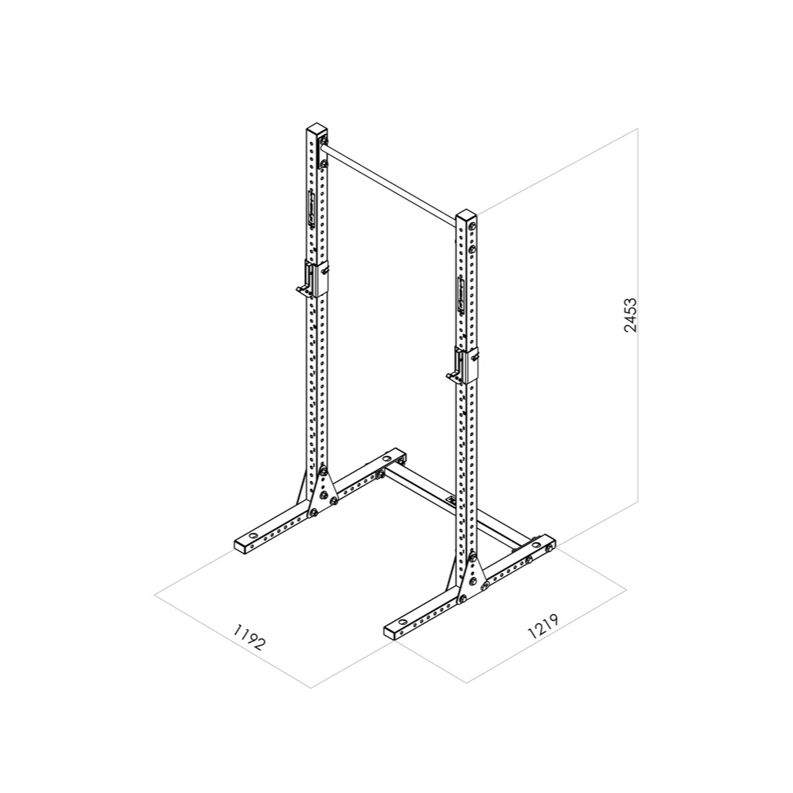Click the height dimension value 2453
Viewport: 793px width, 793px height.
coord(630,314)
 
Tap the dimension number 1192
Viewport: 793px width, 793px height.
coord(249,637)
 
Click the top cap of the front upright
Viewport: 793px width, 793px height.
coord(467,214)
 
